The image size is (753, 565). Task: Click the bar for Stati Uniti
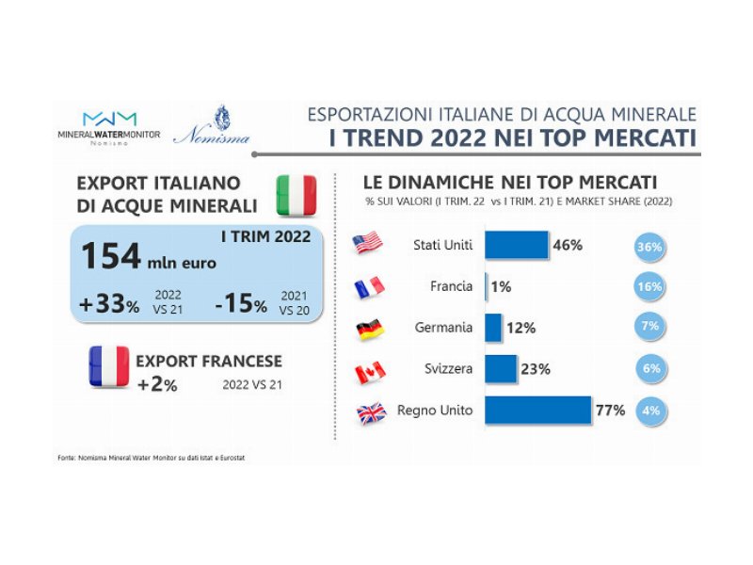517,245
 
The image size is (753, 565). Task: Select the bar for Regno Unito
537,411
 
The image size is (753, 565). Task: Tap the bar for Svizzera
501,369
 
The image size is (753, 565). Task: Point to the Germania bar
493,328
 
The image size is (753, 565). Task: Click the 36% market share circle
649,249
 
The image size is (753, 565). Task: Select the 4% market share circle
649,411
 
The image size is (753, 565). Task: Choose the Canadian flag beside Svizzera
369,371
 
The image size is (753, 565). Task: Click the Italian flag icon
295,193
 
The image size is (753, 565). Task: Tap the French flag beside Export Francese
108,368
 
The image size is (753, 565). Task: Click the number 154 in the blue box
110,255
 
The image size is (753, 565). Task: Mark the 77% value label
610,412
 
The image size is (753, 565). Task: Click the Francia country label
450,286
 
